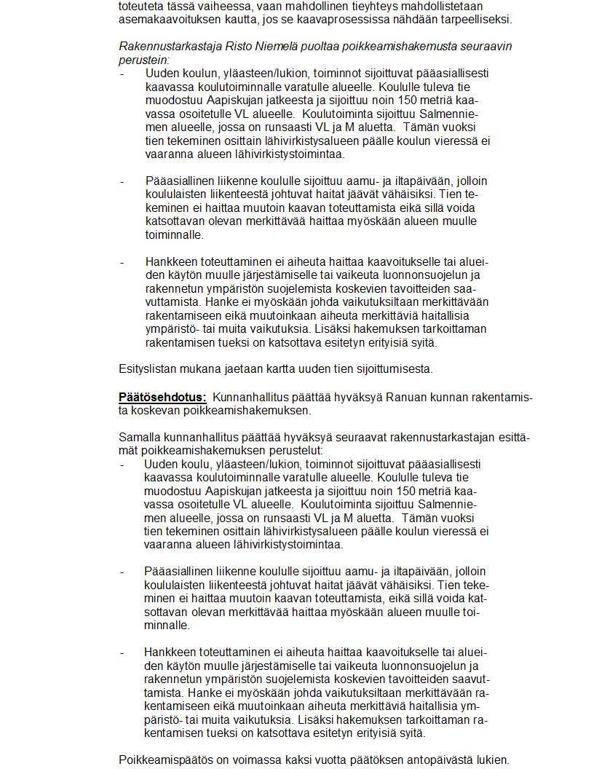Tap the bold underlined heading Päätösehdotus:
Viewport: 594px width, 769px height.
[162, 398]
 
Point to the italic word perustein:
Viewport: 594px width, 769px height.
[144, 60]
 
